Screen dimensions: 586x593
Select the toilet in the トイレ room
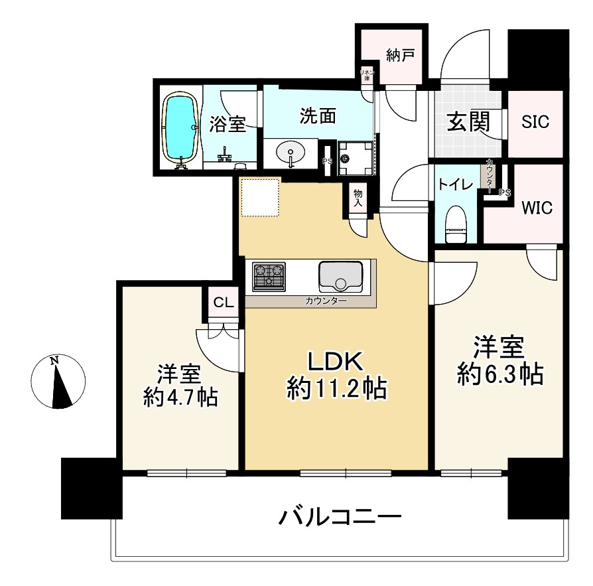pyautogui.click(x=456, y=226)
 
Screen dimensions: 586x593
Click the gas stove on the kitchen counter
pyautogui.click(x=269, y=276)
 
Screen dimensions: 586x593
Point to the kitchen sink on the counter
pyautogui.click(x=340, y=276)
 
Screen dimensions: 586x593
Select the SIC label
pyautogui.click(x=535, y=122)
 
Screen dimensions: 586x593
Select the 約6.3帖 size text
pyautogui.click(x=499, y=375)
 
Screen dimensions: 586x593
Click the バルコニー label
pyautogui.click(x=340, y=516)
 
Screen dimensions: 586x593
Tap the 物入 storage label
pyautogui.click(x=358, y=197)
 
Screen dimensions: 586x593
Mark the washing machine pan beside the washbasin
pyautogui.click(x=356, y=158)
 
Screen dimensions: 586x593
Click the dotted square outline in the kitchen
pyautogui.click(x=260, y=197)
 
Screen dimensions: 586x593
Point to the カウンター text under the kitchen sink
pyautogui.click(x=326, y=301)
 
